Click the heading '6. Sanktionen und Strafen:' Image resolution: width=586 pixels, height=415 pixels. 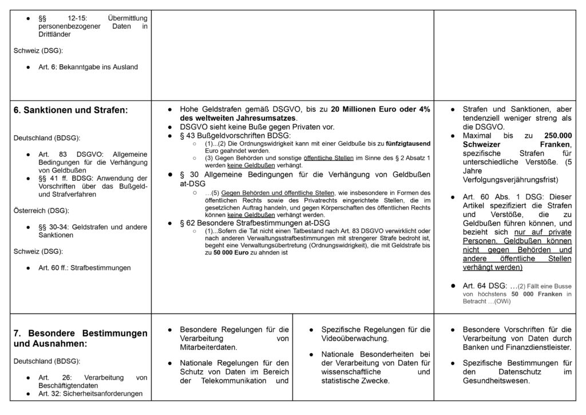coord(71,110)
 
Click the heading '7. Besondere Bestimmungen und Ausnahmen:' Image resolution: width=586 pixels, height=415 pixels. coord(80,338)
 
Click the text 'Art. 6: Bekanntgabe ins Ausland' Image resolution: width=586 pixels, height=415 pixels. coord(88,67)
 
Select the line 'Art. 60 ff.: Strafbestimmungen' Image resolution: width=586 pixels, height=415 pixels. coord(85,267)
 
